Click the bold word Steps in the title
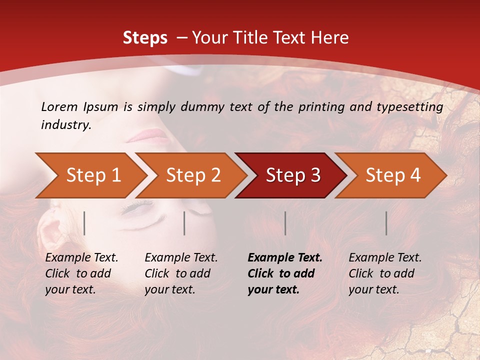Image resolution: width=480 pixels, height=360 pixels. click(145, 37)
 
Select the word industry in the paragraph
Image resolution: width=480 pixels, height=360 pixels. click(65, 125)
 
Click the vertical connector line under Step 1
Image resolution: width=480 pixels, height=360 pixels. click(84, 223)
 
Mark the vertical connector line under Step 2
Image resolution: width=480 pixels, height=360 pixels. click(184, 223)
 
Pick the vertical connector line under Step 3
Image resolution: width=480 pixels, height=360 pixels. click(285, 223)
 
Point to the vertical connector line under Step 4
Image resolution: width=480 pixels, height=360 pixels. click(386, 223)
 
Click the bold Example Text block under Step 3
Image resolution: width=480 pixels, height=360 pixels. click(284, 273)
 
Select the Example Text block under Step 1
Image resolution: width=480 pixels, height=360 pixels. click(81, 273)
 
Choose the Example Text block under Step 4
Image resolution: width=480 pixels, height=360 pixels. click(385, 273)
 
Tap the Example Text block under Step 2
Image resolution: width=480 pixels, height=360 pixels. click(181, 273)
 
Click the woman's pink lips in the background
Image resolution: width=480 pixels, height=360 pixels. click(148, 135)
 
